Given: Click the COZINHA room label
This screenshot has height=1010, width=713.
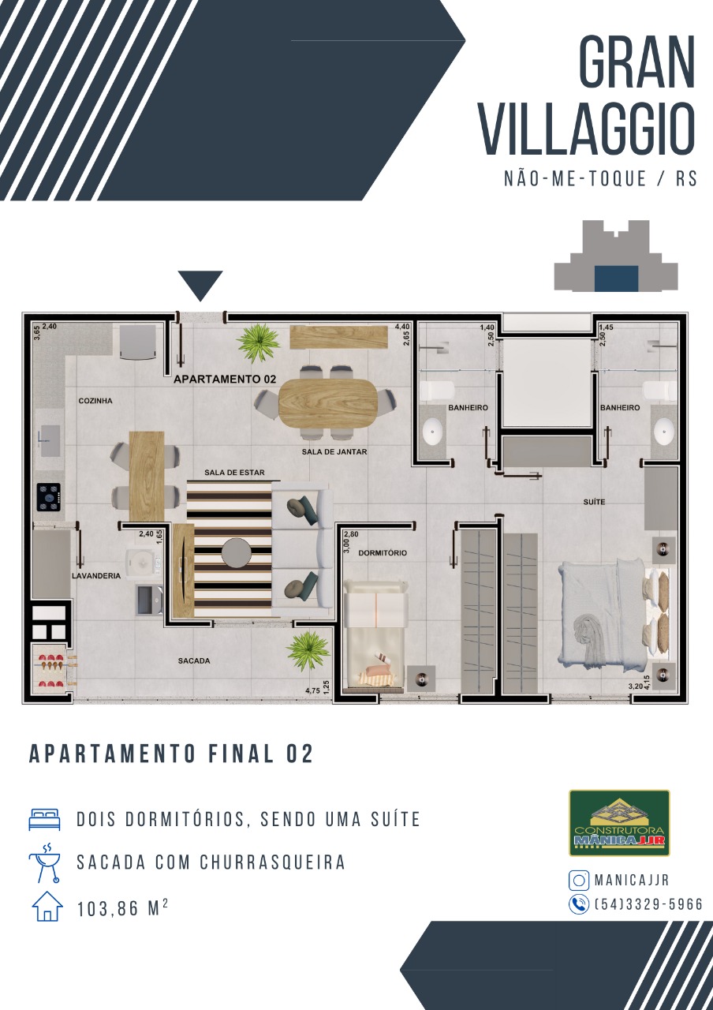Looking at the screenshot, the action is pos(95,400).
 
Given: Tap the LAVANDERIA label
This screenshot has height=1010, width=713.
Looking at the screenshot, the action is pos(96,576).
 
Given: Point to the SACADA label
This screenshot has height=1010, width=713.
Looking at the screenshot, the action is pos(194,660).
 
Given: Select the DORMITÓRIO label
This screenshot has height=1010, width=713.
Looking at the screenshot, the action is pos(383,553).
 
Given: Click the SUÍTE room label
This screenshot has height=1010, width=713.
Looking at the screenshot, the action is pos(594,501).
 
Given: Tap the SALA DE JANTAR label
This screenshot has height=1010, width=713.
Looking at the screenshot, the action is pos(334,451).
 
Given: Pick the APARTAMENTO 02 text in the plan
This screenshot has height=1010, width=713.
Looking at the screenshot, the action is pos(225,380).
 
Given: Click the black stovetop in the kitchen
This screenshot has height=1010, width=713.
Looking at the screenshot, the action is pos(50,497).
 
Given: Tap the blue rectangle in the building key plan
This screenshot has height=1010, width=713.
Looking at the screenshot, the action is pos(616,279).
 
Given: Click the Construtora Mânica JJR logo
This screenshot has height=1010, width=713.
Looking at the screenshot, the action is pos(619,822).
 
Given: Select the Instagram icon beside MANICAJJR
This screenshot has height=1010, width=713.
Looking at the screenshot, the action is pos(579,880).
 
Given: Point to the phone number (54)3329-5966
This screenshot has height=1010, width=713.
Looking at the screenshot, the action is pos(649,904).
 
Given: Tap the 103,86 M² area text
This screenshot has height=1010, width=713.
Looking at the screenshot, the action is pos(122,909).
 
